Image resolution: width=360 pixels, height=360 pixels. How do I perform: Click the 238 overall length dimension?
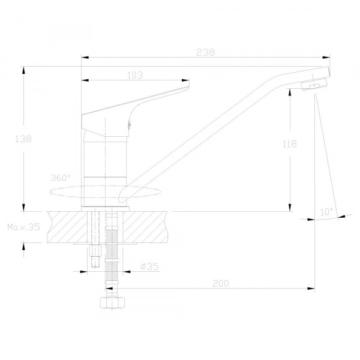(x=205, y=53)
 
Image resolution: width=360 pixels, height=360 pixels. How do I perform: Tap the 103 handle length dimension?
(x=135, y=76)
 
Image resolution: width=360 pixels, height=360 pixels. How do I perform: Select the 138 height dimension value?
(x=23, y=139)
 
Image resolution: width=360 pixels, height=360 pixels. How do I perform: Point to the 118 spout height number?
(x=290, y=144)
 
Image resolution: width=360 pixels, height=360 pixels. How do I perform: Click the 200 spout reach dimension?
(x=221, y=284)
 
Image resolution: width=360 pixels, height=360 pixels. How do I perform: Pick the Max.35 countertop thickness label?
(x=24, y=227)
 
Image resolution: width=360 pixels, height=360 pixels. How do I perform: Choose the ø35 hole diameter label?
(x=149, y=266)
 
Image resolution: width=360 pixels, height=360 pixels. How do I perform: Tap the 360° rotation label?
(x=61, y=178)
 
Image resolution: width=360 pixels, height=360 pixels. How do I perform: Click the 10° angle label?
(x=327, y=212)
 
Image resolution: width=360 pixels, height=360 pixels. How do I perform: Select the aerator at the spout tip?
(x=314, y=84)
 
